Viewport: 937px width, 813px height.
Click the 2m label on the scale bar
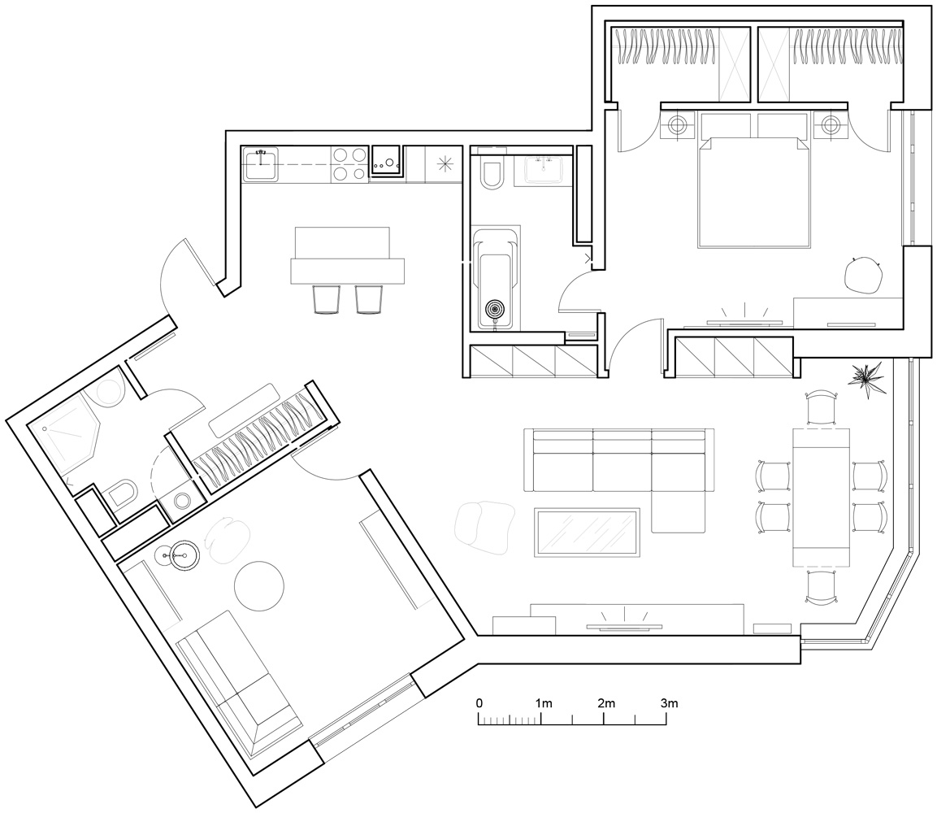[x=605, y=703]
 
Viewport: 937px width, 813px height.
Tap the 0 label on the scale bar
[x=479, y=703]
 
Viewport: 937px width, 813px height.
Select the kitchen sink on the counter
[x=261, y=163]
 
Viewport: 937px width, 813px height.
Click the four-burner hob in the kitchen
[x=349, y=163]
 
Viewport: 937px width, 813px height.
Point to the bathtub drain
[x=495, y=310]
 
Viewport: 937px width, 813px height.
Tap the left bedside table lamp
[x=678, y=125]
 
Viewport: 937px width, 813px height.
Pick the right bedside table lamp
[x=829, y=125]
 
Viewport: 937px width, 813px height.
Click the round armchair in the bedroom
[x=863, y=275]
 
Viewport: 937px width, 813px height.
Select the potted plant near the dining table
[x=869, y=379]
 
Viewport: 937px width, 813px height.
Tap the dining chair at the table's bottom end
[x=820, y=588]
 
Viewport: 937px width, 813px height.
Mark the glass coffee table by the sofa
[x=587, y=533]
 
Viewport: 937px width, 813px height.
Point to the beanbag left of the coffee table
[x=485, y=524]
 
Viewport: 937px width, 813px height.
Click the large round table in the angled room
[x=259, y=586]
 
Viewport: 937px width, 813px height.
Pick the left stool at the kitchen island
[x=326, y=298]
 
